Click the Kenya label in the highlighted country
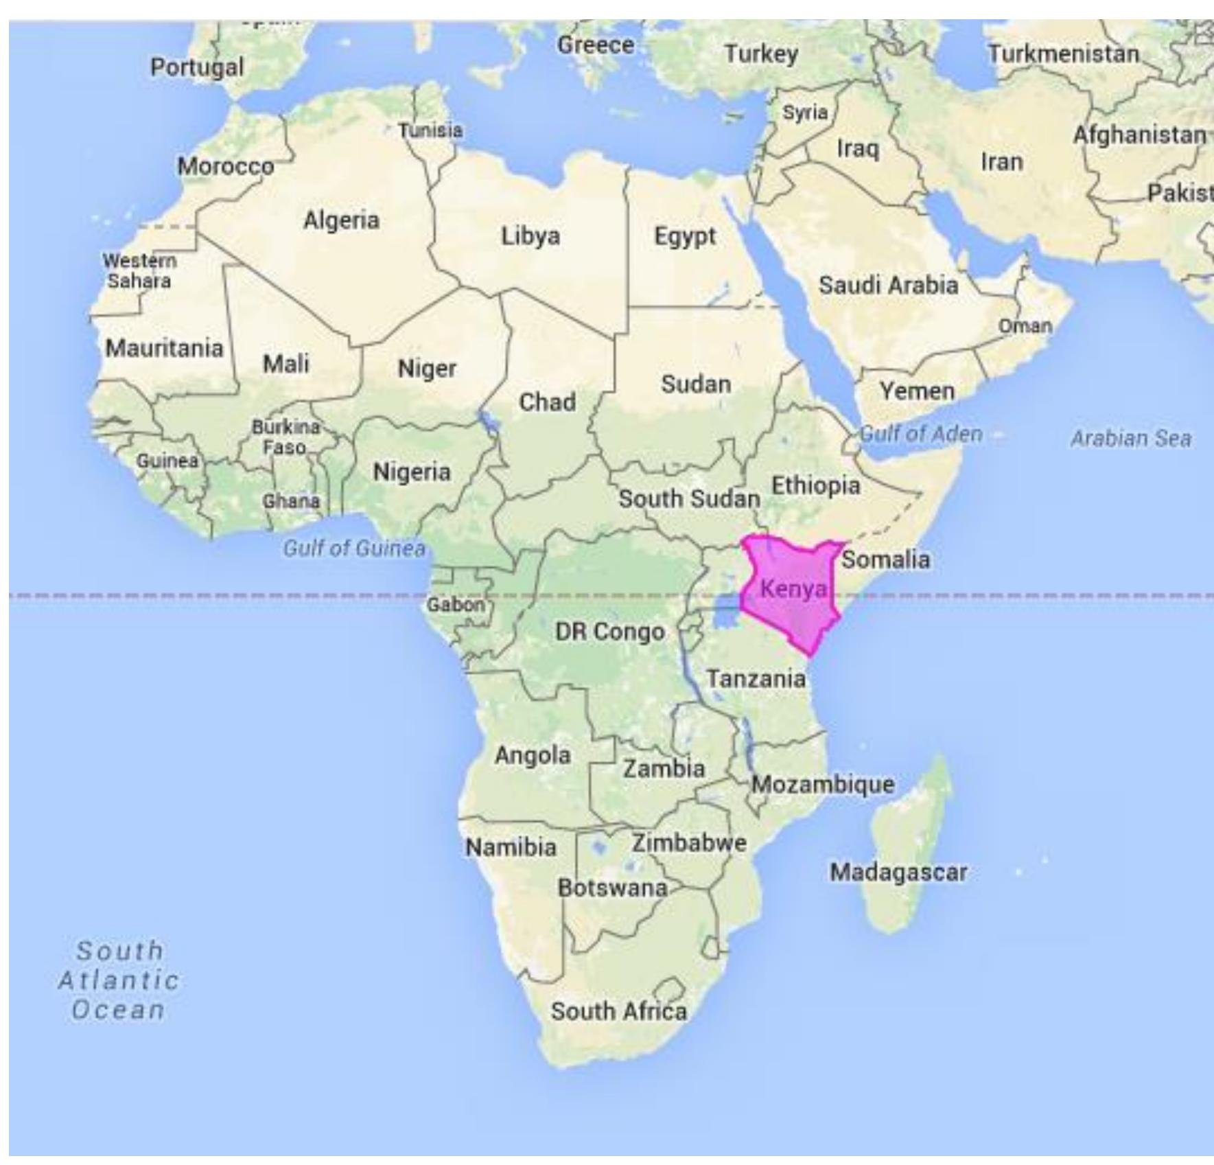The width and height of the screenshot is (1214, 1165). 793,589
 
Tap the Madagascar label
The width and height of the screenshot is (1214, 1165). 898,873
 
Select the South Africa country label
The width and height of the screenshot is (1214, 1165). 619,1011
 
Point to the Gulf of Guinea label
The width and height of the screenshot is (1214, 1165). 354,548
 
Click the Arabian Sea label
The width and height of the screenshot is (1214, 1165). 1131,438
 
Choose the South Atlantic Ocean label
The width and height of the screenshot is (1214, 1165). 118,980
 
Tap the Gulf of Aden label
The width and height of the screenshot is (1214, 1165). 921,434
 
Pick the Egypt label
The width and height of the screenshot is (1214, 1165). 684,236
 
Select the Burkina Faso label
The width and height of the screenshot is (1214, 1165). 285,437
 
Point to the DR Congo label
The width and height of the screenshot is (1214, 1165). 609,631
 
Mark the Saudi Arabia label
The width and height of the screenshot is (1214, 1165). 888,285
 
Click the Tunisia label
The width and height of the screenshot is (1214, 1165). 431,130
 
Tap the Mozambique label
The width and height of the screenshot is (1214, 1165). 823,784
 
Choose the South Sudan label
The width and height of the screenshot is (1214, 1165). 689,498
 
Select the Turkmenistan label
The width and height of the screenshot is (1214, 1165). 1063,54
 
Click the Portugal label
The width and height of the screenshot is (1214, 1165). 197,67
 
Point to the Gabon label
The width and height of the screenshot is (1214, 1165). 455,605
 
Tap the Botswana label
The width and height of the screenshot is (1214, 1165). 612,888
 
